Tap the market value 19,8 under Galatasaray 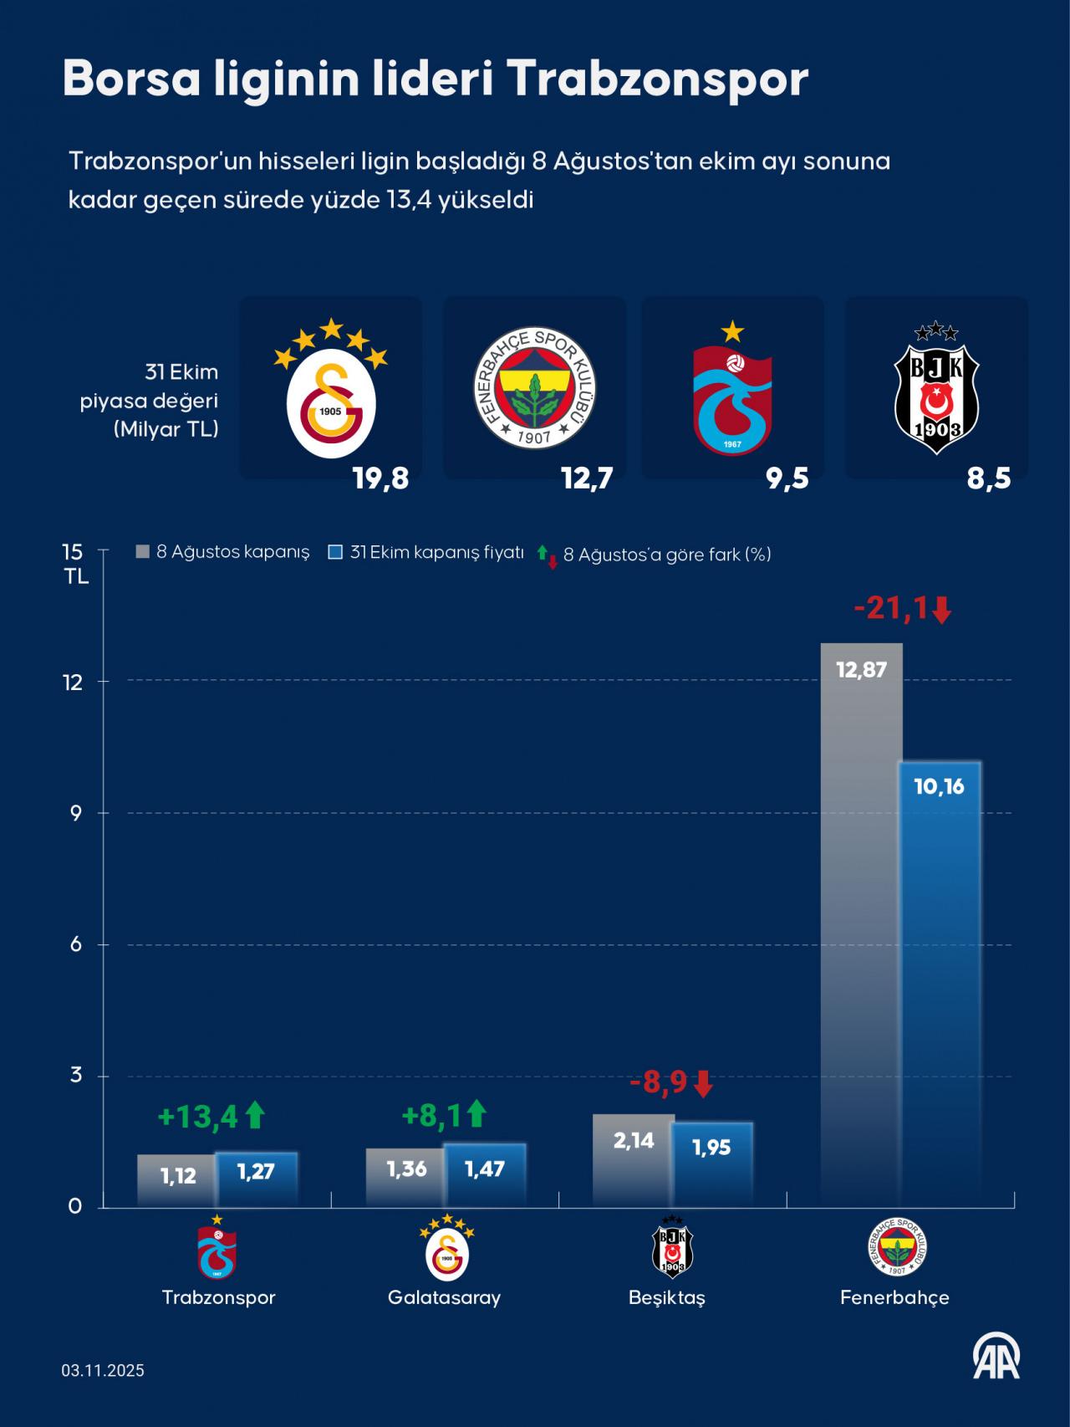(380, 478)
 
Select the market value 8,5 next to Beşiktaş (988, 478)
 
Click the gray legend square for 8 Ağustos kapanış (143, 552)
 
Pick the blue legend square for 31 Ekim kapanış (336, 552)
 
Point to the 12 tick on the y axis (76, 682)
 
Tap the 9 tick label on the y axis (76, 813)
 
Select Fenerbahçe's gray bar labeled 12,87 (861, 920)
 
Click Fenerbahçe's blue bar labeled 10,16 (940, 987)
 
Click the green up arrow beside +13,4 (255, 1115)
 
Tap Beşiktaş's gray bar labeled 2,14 (633, 1163)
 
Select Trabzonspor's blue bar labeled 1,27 (256, 1179)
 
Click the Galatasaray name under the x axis (444, 1297)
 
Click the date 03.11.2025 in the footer (103, 1370)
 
